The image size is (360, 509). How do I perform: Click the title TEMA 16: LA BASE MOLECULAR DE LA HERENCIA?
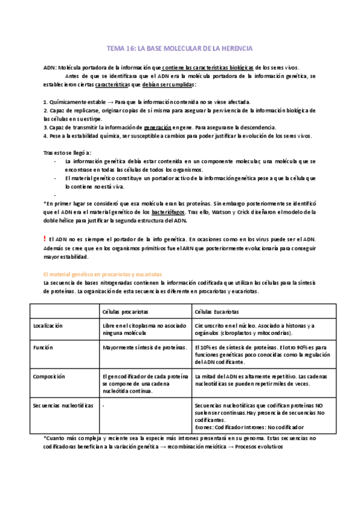click(179, 48)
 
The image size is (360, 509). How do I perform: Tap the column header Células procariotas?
click(126, 312)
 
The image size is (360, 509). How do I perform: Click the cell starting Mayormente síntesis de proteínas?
click(142, 348)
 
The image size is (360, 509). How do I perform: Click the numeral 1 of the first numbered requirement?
click(46, 102)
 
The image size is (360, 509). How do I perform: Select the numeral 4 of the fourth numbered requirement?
click(46, 136)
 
